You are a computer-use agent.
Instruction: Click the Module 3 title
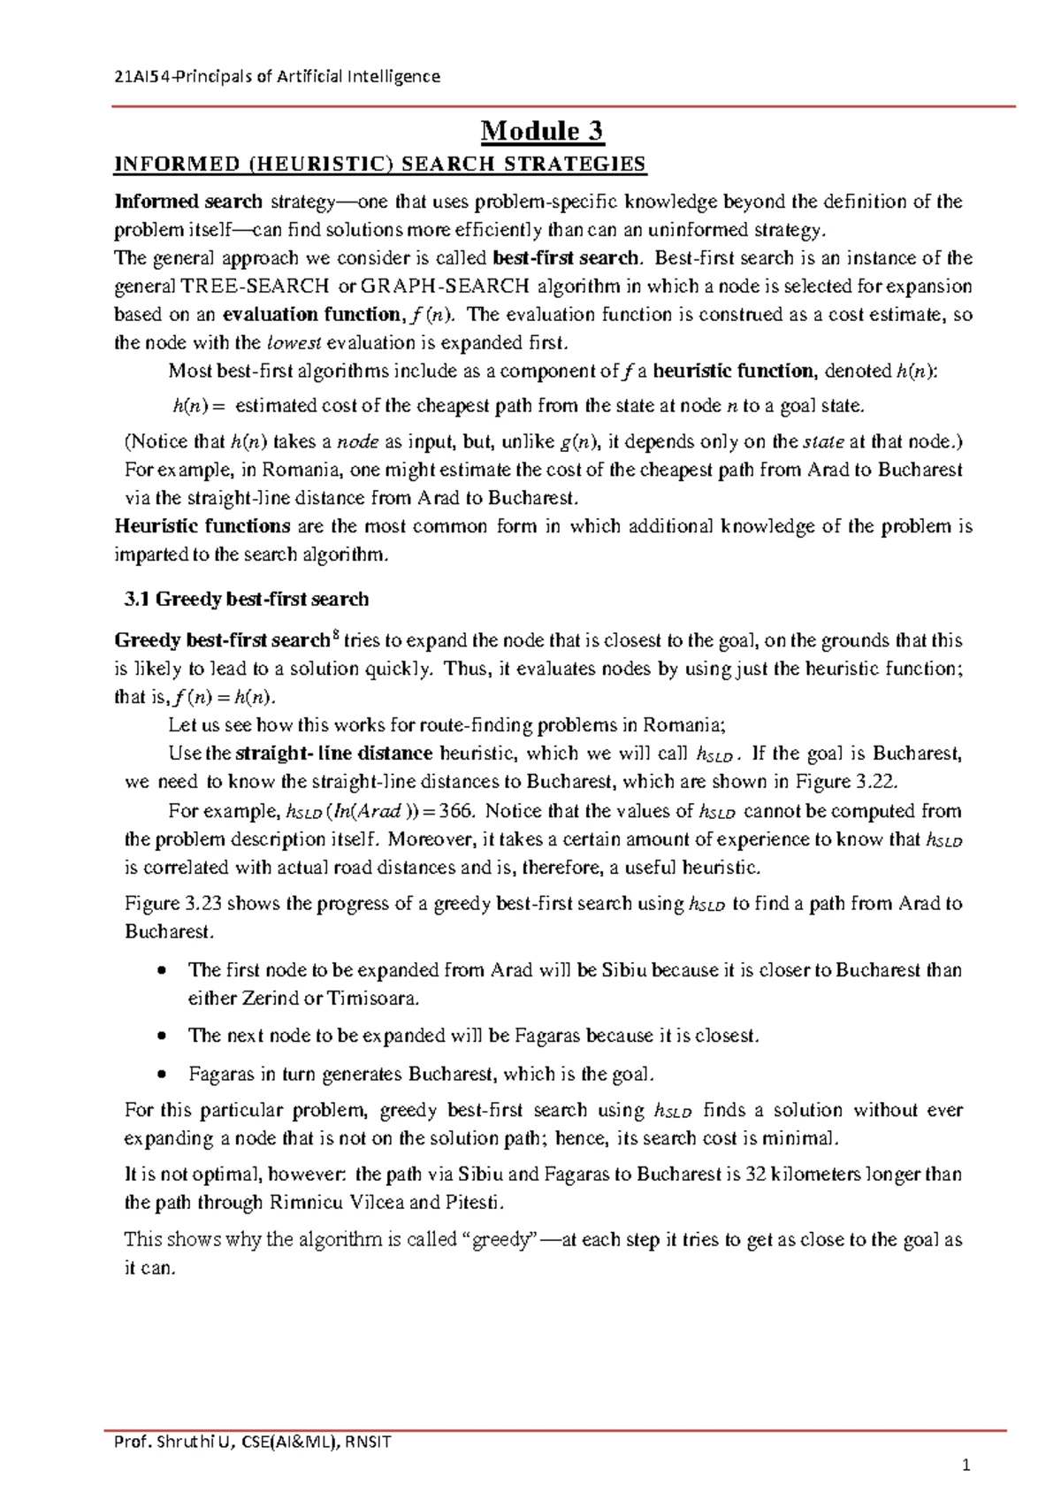pyautogui.click(x=541, y=132)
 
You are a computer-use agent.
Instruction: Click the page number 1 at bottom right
pyautogui.click(x=966, y=1466)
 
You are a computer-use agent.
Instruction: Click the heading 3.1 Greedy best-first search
pyautogui.click(x=246, y=600)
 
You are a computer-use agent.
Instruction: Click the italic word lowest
pyautogui.click(x=297, y=343)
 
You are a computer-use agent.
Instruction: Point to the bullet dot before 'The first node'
pyautogui.click(x=160, y=971)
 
